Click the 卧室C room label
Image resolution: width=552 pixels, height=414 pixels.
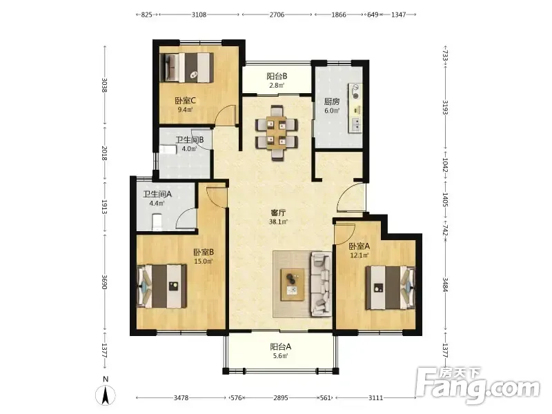pyautogui.click(x=185, y=101)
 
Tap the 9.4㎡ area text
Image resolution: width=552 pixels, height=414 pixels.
pyautogui.click(x=185, y=110)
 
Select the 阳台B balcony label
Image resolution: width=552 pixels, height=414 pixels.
pyautogui.click(x=277, y=76)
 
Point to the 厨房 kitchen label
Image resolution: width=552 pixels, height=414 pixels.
pyautogui.click(x=332, y=101)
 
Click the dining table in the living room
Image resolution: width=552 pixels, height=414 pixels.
pyautogui.click(x=277, y=133)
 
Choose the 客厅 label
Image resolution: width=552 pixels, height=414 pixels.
pyautogui.click(x=278, y=213)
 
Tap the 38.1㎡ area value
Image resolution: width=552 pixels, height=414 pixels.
pyautogui.click(x=278, y=221)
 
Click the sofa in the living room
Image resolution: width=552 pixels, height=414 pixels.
pyautogui.click(x=321, y=284)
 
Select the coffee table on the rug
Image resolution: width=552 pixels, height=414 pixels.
pyautogui.click(x=292, y=284)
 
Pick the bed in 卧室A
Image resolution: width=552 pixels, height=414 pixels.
pyautogui.click(x=390, y=288)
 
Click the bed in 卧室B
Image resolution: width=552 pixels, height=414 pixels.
pyautogui.click(x=161, y=286)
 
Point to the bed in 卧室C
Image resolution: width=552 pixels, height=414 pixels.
pyautogui.click(x=186, y=68)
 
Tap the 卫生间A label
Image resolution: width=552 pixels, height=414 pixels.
pyautogui.click(x=157, y=194)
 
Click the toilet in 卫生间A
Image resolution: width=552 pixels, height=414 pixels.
pyautogui.click(x=157, y=222)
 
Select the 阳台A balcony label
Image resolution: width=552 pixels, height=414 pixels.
pyautogui.click(x=281, y=347)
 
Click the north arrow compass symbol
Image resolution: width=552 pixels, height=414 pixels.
pyautogui.click(x=106, y=394)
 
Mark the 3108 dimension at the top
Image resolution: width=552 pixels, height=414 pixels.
pyautogui.click(x=199, y=14)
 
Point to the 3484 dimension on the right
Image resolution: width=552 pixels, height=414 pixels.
pyautogui.click(x=445, y=285)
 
